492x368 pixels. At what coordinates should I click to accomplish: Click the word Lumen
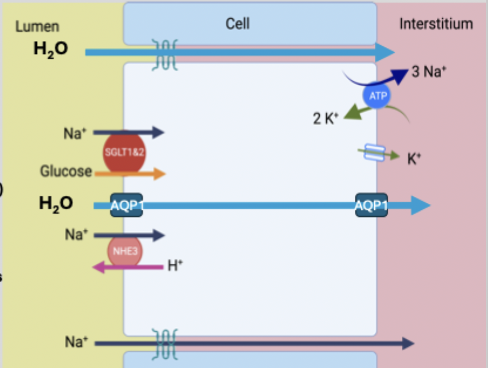tap(37, 26)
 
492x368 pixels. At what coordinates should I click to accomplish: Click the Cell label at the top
tap(237, 23)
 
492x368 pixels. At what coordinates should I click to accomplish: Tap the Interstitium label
tap(436, 24)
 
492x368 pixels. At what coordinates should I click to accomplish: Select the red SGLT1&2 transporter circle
tap(124, 152)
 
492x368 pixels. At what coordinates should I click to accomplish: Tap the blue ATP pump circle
tap(378, 96)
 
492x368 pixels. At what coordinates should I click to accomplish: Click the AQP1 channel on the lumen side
tap(127, 205)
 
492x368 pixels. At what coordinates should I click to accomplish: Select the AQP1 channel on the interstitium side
tap(371, 205)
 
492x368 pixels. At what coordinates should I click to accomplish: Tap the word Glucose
tap(66, 172)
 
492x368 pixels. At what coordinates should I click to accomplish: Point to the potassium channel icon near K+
tap(373, 154)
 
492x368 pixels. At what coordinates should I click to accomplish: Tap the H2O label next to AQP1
tap(56, 204)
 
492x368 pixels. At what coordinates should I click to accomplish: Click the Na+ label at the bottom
tap(76, 342)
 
